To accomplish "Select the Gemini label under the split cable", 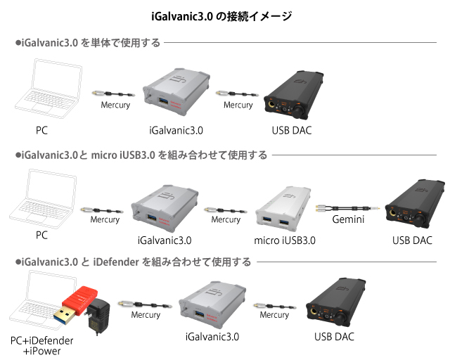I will coord(347,219).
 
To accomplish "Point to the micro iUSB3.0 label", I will coord(285,240).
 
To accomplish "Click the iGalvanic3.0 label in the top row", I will coord(176,130).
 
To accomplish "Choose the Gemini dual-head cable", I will coord(347,207).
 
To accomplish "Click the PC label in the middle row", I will coord(41,236).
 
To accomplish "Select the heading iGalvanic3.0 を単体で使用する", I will coord(90,44).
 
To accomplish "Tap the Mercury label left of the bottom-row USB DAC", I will coord(274,315).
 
